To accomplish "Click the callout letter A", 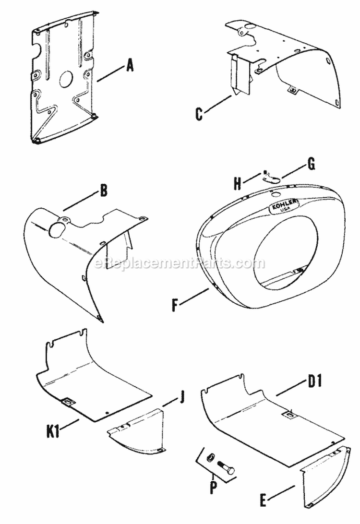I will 129,66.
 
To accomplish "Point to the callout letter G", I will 311,164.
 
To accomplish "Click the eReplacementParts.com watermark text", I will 180,263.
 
